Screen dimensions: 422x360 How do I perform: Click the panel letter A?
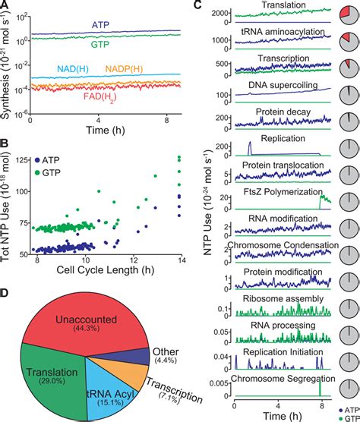(x=6, y=6)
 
